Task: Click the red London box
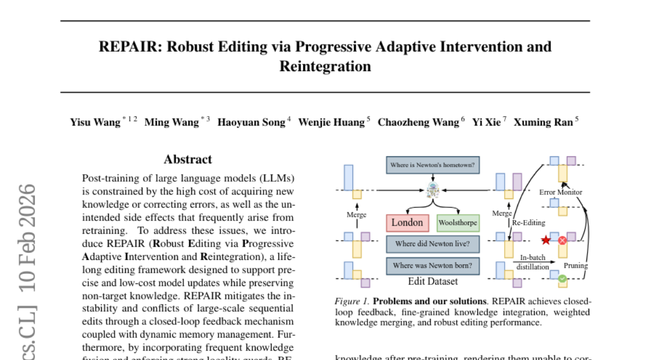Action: pyautogui.click(x=407, y=223)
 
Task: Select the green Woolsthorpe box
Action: pyautogui.click(x=458, y=223)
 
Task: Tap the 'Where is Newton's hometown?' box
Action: pyautogui.click(x=433, y=165)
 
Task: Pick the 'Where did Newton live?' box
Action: pyautogui.click(x=433, y=243)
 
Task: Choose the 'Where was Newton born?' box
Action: pyautogui.click(x=433, y=265)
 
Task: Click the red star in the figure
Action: pyautogui.click(x=546, y=241)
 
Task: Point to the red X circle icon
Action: pyautogui.click(x=562, y=241)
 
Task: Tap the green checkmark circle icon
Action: pyautogui.click(x=563, y=278)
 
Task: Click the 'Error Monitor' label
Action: pyautogui.click(x=561, y=192)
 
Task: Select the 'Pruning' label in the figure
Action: pyautogui.click(x=576, y=266)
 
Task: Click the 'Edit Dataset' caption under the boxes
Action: pyautogui.click(x=433, y=281)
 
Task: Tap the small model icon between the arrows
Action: pyautogui.click(x=433, y=191)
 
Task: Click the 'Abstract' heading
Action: pyautogui.click(x=188, y=159)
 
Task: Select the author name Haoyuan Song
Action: pyautogui.click(x=251, y=122)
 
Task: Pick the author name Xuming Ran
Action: pyautogui.click(x=542, y=122)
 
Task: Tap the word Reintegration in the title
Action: pyautogui.click(x=325, y=66)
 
